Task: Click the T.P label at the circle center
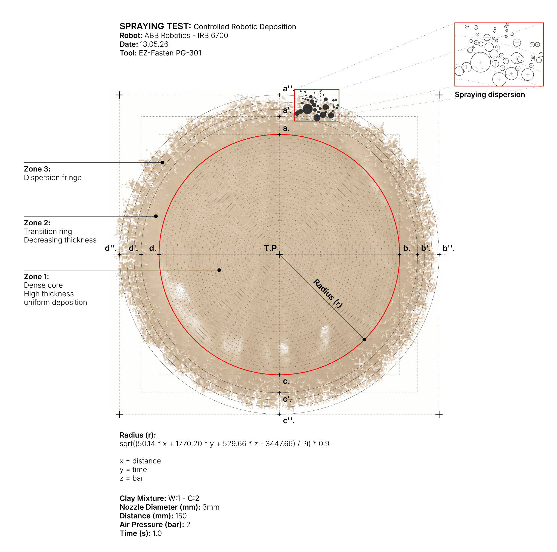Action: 270,248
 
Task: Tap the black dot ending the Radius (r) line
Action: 364,339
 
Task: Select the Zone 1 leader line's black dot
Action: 219,270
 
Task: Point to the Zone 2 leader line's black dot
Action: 156,216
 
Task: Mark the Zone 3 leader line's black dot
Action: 163,163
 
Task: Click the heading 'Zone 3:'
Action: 37,169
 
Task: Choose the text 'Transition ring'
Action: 48,231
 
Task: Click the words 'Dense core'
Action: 43,285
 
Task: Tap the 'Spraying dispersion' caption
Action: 490,95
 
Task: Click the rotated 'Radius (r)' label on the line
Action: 328,293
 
